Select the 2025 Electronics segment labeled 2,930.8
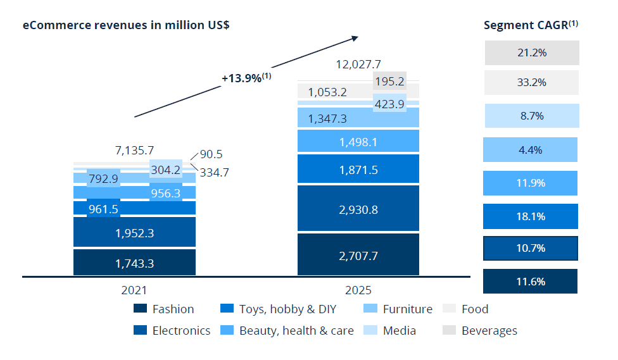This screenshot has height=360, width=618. pyautogui.click(x=358, y=209)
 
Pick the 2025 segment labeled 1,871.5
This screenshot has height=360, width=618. pyautogui.click(x=358, y=170)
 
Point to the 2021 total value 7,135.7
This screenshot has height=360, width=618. pyautogui.click(x=134, y=151)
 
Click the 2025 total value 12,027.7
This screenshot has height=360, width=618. pyautogui.click(x=358, y=64)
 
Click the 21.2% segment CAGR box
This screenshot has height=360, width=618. pyautogui.click(x=531, y=53)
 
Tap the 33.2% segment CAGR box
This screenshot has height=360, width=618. pyautogui.click(x=531, y=82)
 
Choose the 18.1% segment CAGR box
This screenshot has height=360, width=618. pyautogui.click(x=531, y=216)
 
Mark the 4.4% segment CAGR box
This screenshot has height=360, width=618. pyautogui.click(x=531, y=150)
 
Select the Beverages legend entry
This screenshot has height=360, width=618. pyautogui.click(x=481, y=330)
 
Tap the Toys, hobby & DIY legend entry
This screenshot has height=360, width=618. pyautogui.click(x=278, y=309)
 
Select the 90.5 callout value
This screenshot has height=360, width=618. pyautogui.click(x=211, y=154)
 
